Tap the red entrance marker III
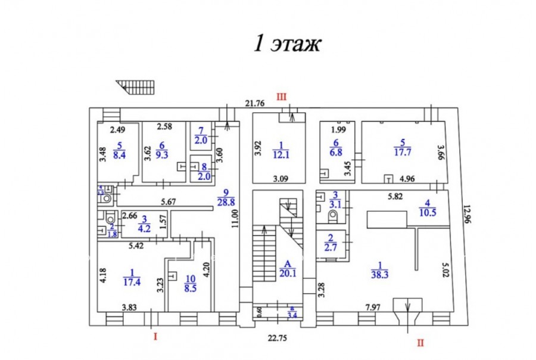282,95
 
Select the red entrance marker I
155,336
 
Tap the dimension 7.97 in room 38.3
372,308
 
